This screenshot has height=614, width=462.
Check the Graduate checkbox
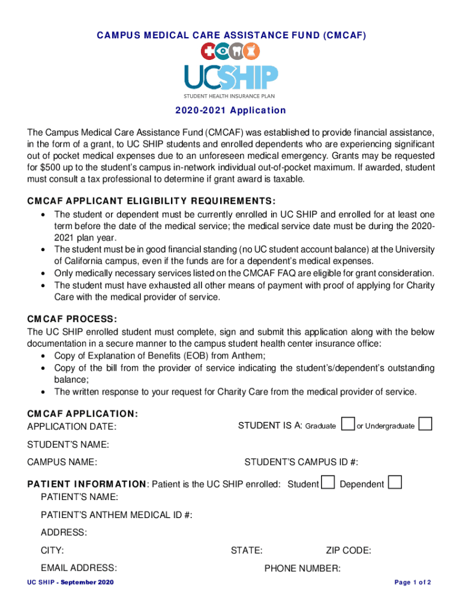point(347,424)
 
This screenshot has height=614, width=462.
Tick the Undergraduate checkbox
point(425,424)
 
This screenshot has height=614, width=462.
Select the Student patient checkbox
point(328,482)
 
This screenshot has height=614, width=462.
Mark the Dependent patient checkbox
point(395,482)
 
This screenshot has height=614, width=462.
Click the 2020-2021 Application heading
point(230,110)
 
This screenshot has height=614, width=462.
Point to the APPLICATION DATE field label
point(72,426)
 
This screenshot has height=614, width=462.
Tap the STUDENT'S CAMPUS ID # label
point(301,462)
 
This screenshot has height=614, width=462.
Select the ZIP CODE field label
point(348,550)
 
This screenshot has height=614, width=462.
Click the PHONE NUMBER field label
point(302,568)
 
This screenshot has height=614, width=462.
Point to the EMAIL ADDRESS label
point(79,568)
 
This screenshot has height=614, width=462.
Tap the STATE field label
point(246,550)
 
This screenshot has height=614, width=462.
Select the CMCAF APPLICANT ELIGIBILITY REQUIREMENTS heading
point(151,201)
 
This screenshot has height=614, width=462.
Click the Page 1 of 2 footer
point(413,583)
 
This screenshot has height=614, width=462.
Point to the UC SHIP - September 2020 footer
point(71,583)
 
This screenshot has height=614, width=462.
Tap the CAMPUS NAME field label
point(62,462)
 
